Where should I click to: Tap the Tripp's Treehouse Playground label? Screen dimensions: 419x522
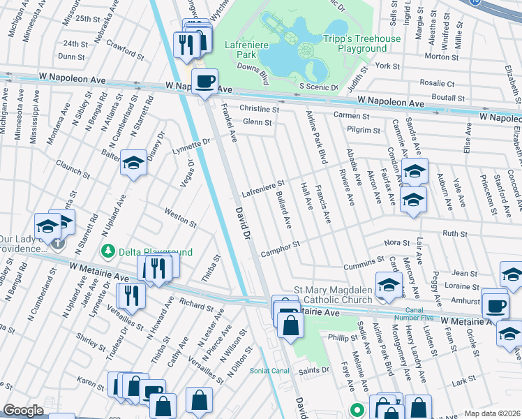361,43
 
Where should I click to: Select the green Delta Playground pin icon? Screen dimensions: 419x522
108,250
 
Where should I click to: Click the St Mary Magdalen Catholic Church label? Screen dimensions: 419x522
334,295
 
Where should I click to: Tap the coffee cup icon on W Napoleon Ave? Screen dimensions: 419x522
204,82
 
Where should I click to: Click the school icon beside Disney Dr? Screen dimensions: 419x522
133,163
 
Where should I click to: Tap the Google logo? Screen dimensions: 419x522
24,410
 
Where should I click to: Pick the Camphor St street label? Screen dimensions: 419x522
280,249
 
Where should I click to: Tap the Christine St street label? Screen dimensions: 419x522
259,109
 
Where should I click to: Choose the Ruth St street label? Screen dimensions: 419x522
454,234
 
